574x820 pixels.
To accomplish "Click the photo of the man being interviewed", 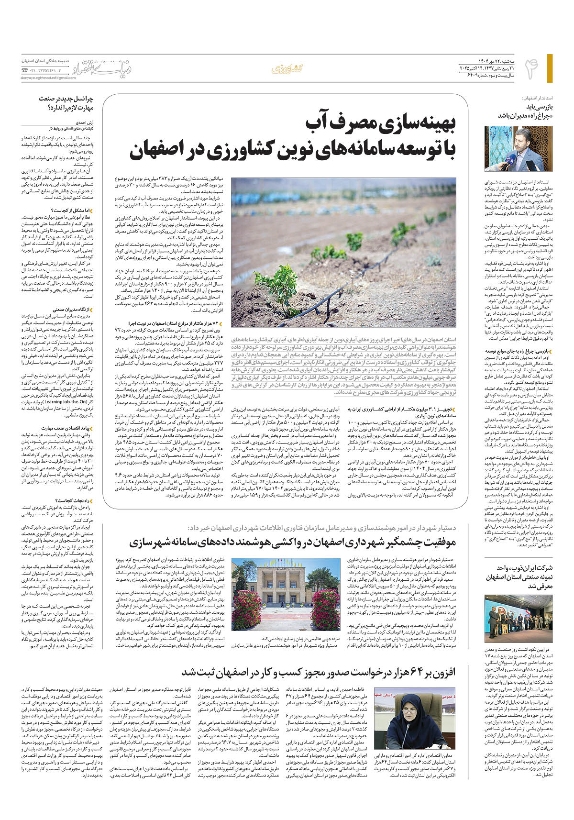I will tap(519, 149).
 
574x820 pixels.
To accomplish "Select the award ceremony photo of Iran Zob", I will tap(519, 618).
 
